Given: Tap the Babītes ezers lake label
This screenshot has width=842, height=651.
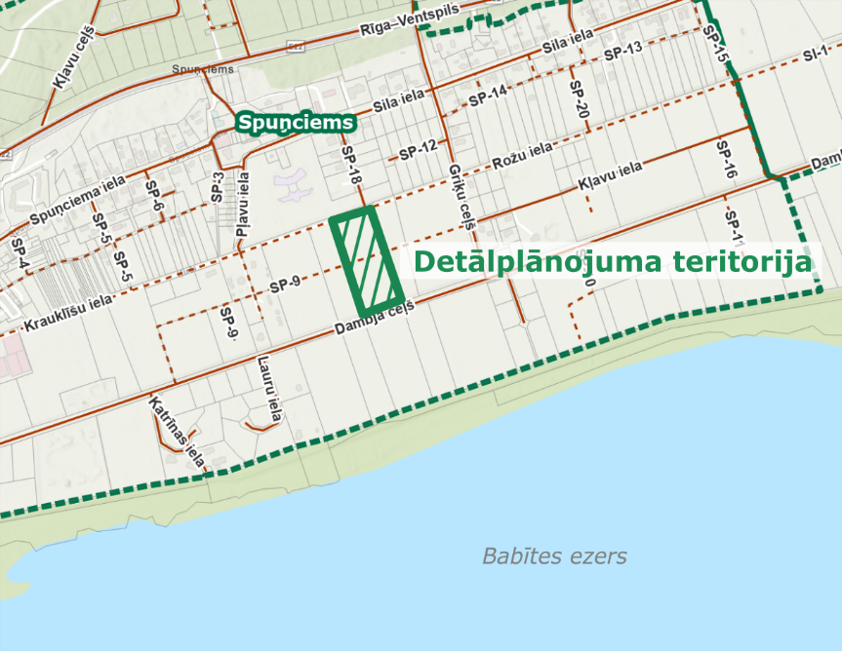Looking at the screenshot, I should [x=554, y=556].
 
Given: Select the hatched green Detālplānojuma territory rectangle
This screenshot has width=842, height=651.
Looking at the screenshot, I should [x=367, y=256].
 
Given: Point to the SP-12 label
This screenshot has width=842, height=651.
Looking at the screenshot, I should [x=419, y=150].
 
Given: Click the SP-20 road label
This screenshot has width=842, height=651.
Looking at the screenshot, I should [x=578, y=98].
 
